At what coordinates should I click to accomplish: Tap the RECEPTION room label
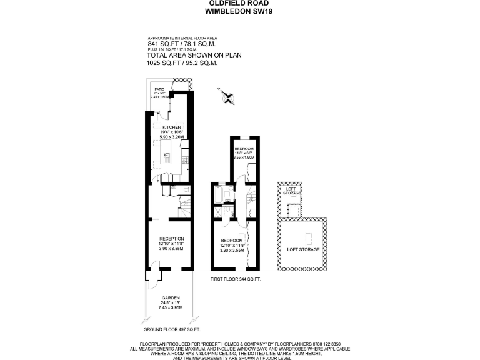(171, 239)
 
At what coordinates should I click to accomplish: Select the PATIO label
(159, 90)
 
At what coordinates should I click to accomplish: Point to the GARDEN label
(171, 297)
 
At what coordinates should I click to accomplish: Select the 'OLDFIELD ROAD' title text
(240, 3)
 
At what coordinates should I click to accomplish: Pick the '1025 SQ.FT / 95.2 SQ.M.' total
(182, 62)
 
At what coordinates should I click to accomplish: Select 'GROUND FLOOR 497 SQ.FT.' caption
(171, 329)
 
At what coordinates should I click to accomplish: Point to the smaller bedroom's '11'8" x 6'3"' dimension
(244, 153)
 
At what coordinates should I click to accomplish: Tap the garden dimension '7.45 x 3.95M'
(171, 307)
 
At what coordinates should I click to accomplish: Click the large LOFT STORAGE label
(303, 249)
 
